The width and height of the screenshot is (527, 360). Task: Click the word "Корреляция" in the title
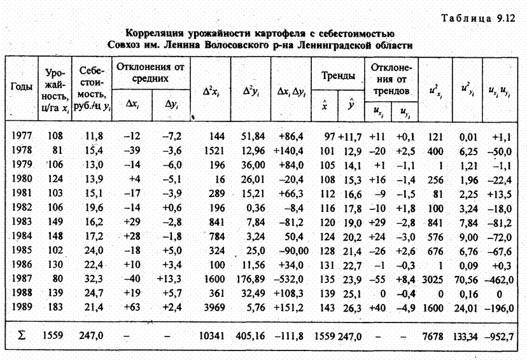click(x=155, y=32)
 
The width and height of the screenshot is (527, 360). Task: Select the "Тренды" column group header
click(x=338, y=76)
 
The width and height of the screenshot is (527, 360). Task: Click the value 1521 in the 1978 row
click(x=208, y=151)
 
